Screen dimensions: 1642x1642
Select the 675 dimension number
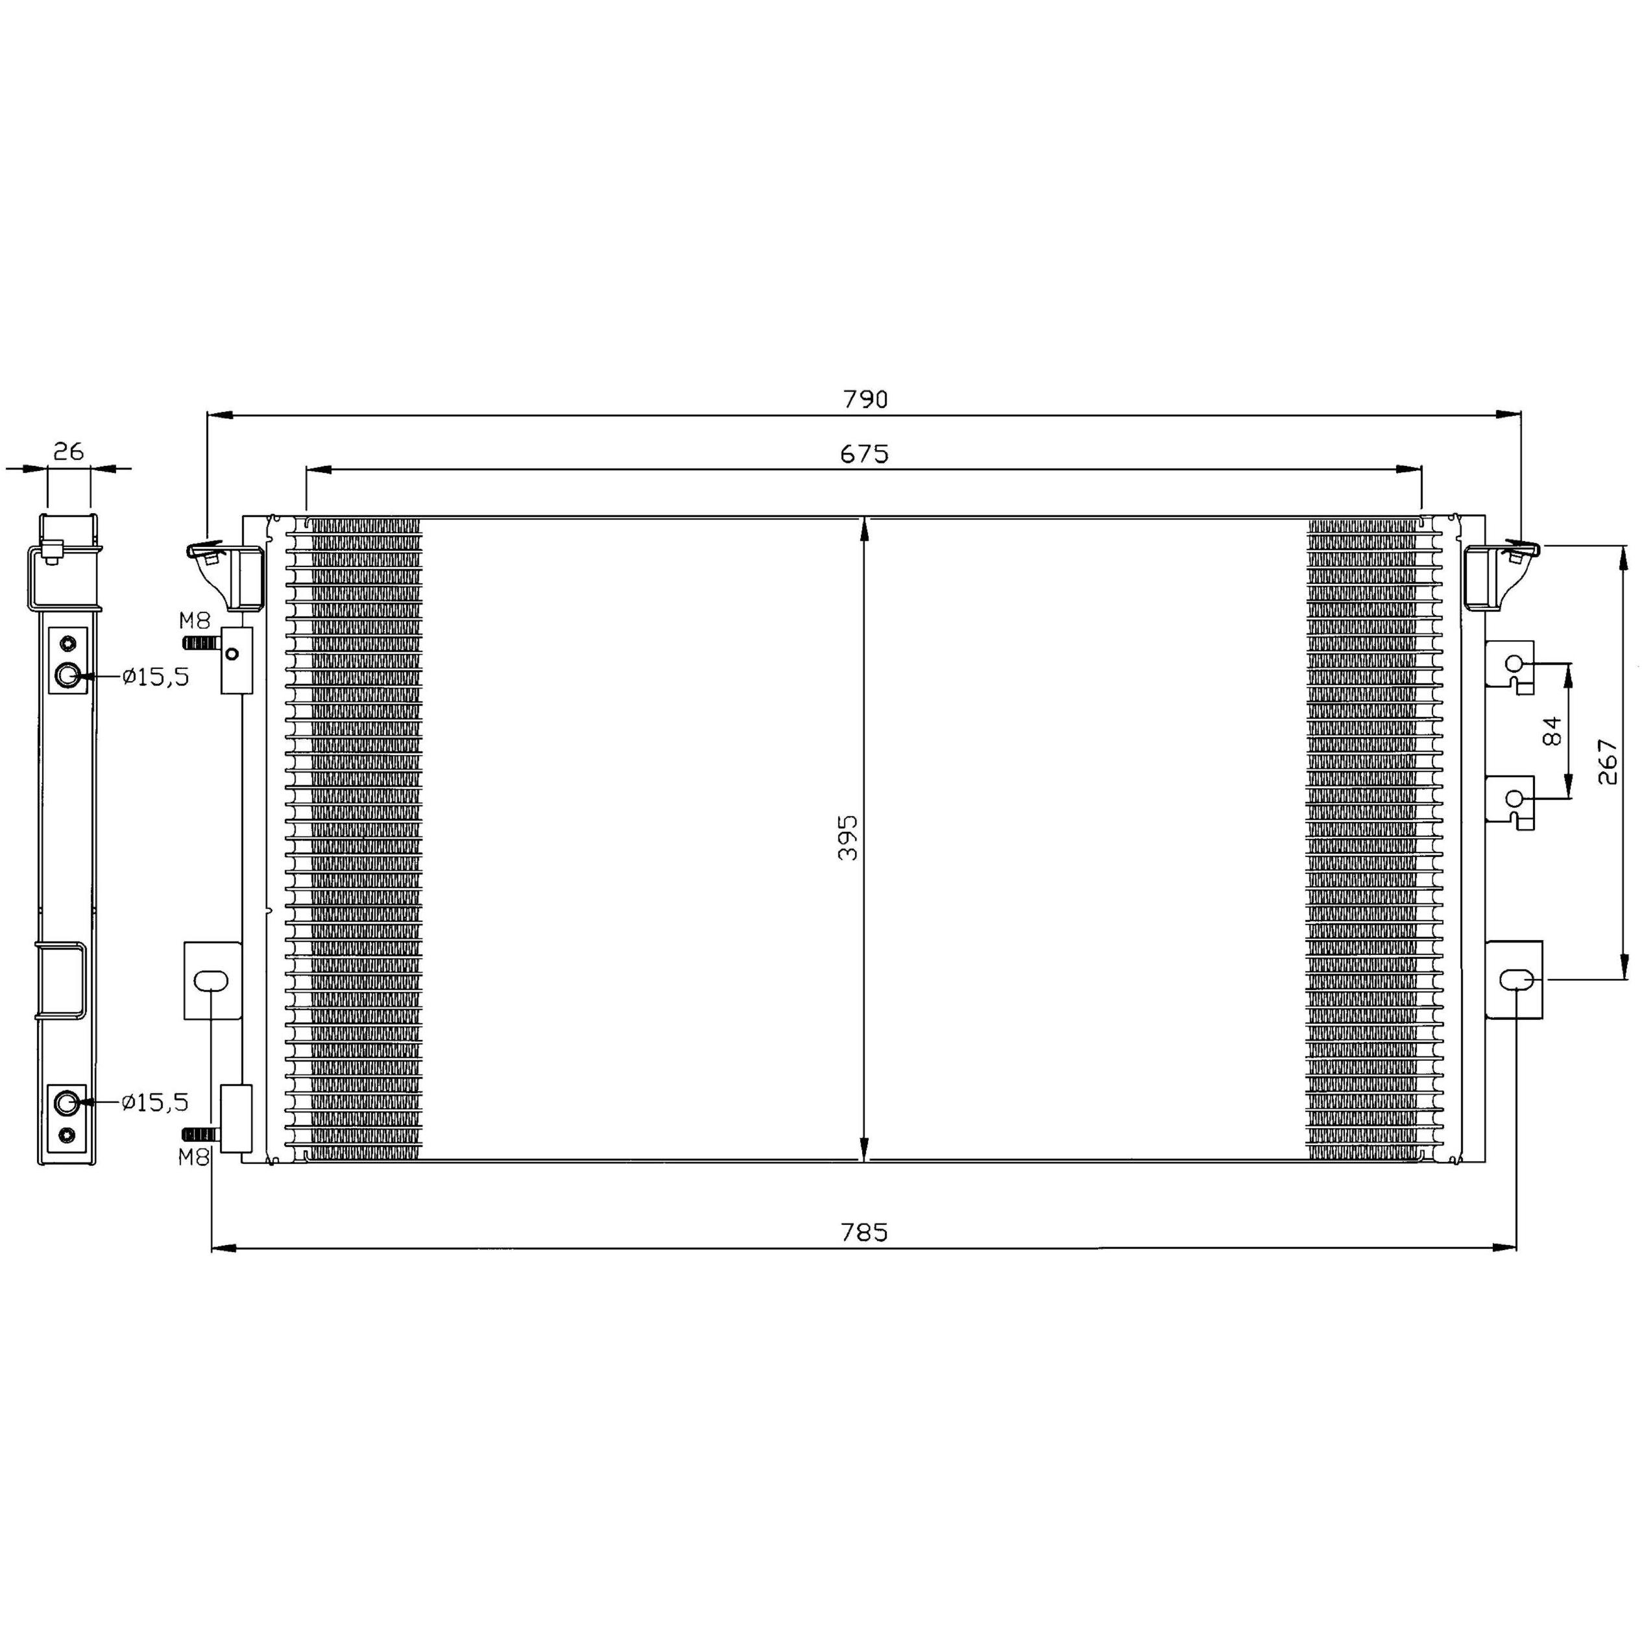pos(864,454)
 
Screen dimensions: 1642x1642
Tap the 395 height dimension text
pos(848,837)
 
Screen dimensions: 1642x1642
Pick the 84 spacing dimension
pos(1551,731)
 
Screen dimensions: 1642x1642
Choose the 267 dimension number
pos(1607,762)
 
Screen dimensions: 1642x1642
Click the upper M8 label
pos(194,620)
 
